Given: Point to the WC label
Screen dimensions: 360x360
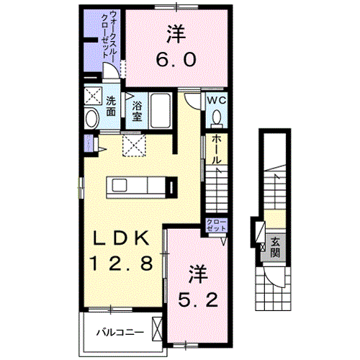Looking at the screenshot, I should (217, 101).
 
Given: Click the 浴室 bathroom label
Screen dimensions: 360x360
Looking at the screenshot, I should (137, 109).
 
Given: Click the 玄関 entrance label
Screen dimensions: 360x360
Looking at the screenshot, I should (275, 248).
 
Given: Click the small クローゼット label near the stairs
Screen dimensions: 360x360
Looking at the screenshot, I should (215, 224).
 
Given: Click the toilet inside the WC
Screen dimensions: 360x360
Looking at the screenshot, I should (217, 117).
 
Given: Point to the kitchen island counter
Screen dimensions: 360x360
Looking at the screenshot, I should (141, 186).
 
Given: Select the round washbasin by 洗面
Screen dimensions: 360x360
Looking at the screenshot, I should (91, 118).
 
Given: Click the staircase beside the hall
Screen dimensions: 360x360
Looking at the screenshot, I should (217, 191).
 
